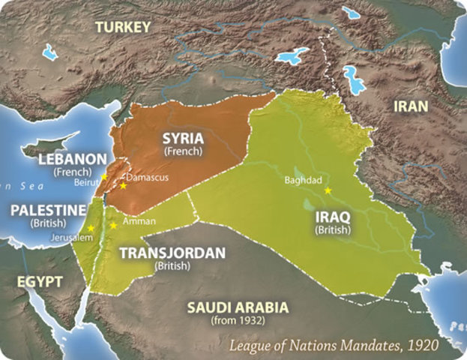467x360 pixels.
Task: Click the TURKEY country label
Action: (x=123, y=28)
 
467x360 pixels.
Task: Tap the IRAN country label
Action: (x=412, y=106)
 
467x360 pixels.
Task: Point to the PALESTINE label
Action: (x=46, y=210)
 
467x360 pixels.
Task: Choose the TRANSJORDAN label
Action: (x=173, y=253)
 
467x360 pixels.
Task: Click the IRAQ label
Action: (x=330, y=217)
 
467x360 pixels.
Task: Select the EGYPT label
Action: (x=31, y=283)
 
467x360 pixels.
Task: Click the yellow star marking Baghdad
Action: (x=328, y=190)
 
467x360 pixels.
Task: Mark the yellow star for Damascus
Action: (x=123, y=185)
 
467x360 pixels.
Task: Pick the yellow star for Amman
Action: (x=113, y=224)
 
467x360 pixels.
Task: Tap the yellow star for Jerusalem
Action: (x=91, y=228)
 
